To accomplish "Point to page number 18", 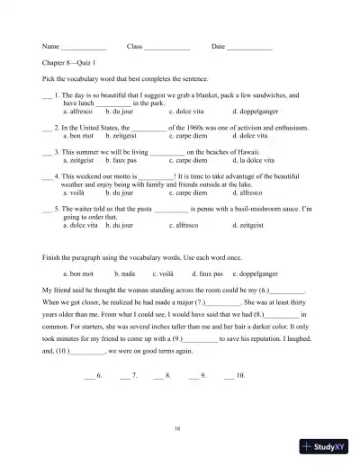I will pyautogui.click(x=179, y=430).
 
